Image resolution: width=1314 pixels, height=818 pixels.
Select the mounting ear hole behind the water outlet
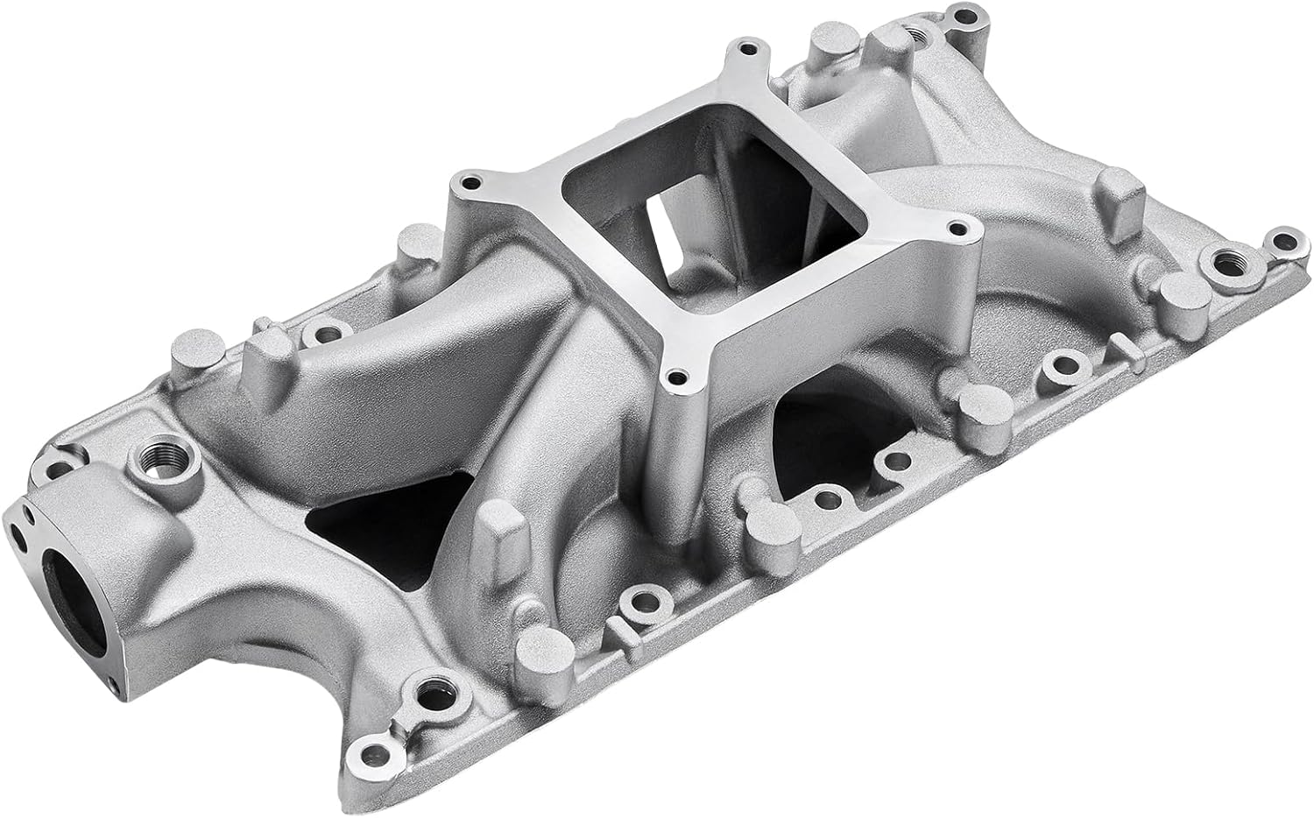(63, 455)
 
